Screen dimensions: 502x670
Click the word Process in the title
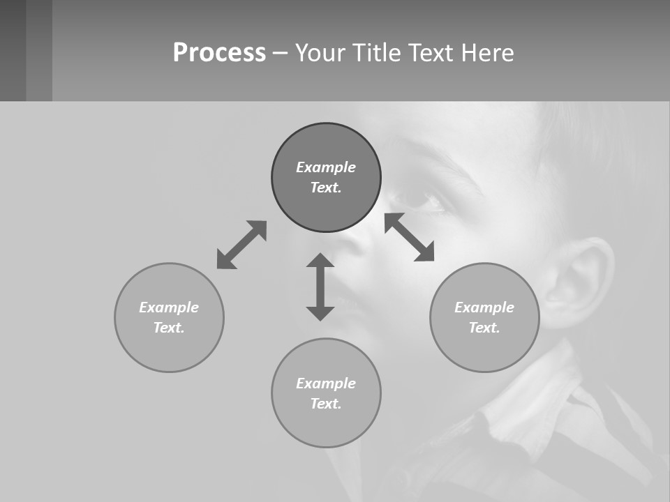click(219, 53)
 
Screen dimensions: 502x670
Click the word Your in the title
click(321, 53)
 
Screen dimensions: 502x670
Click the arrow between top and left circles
click(241, 245)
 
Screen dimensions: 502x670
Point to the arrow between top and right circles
click(410, 237)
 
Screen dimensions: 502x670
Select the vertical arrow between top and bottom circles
click(320, 287)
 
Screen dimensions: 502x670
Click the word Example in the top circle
click(326, 167)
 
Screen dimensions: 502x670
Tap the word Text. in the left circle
click(169, 328)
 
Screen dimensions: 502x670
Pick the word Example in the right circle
click(484, 307)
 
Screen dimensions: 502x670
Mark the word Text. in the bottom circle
click(326, 404)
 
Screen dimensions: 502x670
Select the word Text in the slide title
click(430, 53)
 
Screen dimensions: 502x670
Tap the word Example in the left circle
click(169, 307)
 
